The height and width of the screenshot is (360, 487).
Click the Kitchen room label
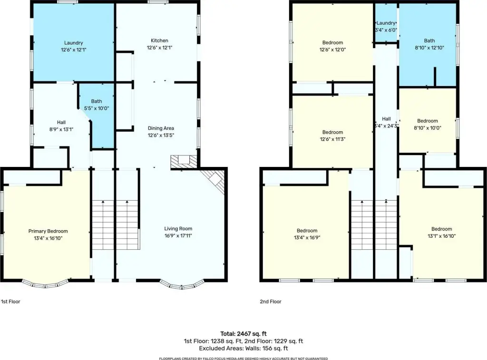pos(159,40)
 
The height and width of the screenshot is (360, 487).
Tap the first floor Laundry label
pos(74,43)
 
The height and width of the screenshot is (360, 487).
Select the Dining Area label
pos(161,128)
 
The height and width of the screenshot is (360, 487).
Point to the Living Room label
pos(178,229)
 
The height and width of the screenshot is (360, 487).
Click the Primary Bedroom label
pos(48,231)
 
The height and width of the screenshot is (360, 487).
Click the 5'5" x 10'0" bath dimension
pos(97,108)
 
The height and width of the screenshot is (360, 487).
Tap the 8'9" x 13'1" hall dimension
pos(61,129)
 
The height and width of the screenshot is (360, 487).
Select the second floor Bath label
pos(429,40)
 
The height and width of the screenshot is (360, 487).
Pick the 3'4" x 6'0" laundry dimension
pos(386,30)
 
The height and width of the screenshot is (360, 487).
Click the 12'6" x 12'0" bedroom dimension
pos(332,50)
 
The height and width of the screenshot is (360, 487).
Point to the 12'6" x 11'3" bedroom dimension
pos(332,139)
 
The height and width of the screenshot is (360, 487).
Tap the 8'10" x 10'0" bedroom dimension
pos(428,127)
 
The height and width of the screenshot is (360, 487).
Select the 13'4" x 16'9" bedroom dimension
pos(307,238)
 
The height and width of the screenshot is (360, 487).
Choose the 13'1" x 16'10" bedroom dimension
pos(442,236)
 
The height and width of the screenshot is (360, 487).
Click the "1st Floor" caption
pos(10,302)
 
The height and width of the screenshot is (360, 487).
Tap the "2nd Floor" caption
pos(271,302)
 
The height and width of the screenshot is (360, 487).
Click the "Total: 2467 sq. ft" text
pos(243,334)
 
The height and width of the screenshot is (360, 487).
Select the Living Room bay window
pos(182,286)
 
